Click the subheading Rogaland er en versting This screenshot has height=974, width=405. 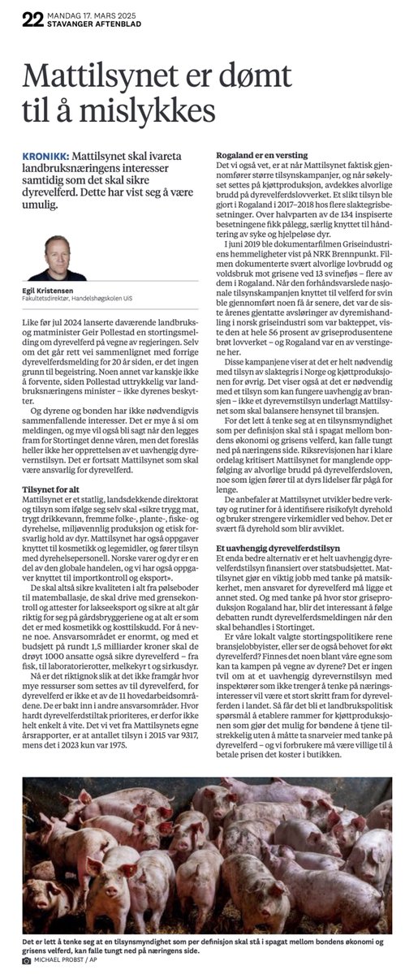tap(255, 154)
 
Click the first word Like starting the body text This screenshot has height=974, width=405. tap(33, 323)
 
